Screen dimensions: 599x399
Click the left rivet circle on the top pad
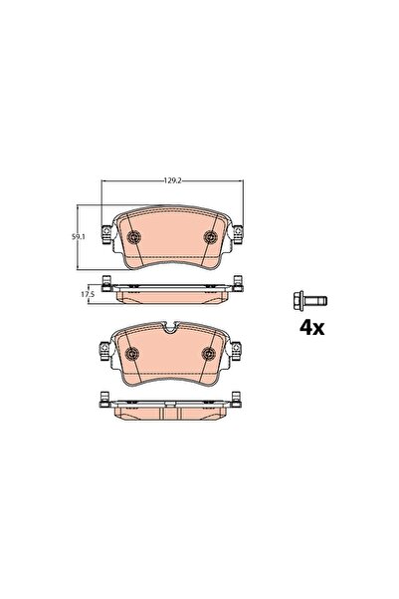tap(135, 237)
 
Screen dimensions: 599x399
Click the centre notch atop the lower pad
tap(172, 330)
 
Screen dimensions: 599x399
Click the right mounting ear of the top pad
tap(240, 233)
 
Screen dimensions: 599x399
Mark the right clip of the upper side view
tap(239, 283)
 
